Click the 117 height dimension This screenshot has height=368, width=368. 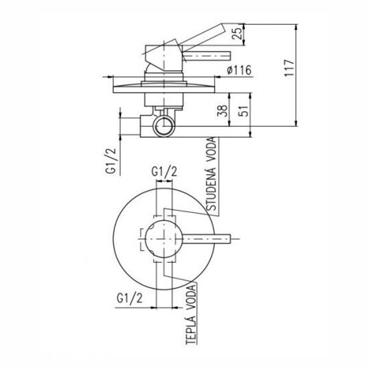pyautogui.click(x=289, y=68)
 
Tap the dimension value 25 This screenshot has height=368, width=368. pyautogui.click(x=237, y=33)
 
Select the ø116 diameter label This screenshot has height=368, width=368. pyautogui.click(x=239, y=70)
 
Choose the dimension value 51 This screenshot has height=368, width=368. pyautogui.click(x=244, y=111)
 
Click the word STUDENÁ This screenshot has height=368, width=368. pyautogui.click(x=211, y=189)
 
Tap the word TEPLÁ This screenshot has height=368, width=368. pyautogui.click(x=191, y=331)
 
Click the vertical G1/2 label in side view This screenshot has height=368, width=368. pyautogui.click(x=111, y=161)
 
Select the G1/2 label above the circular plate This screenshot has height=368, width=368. pyautogui.click(x=165, y=172)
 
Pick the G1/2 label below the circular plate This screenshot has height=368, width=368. pyautogui.click(x=130, y=298)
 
